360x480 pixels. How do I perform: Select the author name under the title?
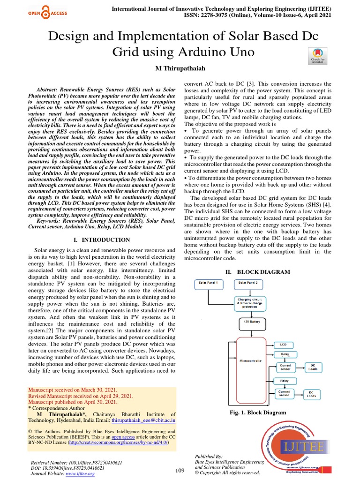point(180,68)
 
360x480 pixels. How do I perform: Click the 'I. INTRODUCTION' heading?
point(102,240)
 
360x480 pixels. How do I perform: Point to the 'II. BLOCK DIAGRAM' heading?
point(257,272)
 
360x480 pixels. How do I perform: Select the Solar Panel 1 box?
point(210,284)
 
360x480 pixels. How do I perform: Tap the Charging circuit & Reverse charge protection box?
point(251,302)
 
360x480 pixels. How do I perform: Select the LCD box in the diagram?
point(284,344)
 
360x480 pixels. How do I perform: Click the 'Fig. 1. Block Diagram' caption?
point(257,412)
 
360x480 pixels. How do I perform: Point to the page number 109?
point(180,470)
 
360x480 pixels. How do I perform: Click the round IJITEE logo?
point(295,443)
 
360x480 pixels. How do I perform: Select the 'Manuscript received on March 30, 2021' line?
point(73,390)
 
